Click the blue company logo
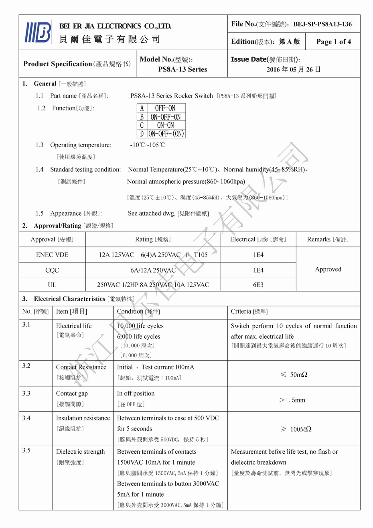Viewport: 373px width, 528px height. (x=38, y=32)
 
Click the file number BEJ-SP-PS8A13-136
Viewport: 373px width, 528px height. (x=322, y=24)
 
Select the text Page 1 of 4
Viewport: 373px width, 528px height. (x=333, y=42)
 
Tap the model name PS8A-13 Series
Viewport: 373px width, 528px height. (x=182, y=69)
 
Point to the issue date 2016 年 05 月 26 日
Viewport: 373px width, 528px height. (x=294, y=69)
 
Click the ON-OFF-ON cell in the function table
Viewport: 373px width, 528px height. (x=165, y=117)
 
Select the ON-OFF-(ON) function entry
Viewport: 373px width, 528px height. (x=166, y=134)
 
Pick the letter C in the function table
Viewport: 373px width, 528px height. (x=142, y=125)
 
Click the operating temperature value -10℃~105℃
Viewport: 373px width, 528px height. (x=147, y=145)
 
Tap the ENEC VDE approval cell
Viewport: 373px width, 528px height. (x=52, y=255)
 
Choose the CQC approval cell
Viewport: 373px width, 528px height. (x=52, y=271)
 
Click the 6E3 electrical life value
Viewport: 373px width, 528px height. (x=258, y=285)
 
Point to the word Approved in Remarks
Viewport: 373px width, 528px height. (x=328, y=269)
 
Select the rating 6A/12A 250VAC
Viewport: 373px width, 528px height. (x=153, y=271)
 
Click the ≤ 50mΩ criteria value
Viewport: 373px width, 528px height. (x=294, y=375)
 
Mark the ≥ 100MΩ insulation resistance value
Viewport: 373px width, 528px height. (x=296, y=429)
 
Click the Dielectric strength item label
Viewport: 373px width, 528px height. (x=80, y=452)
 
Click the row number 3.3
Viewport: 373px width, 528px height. (x=26, y=393)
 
